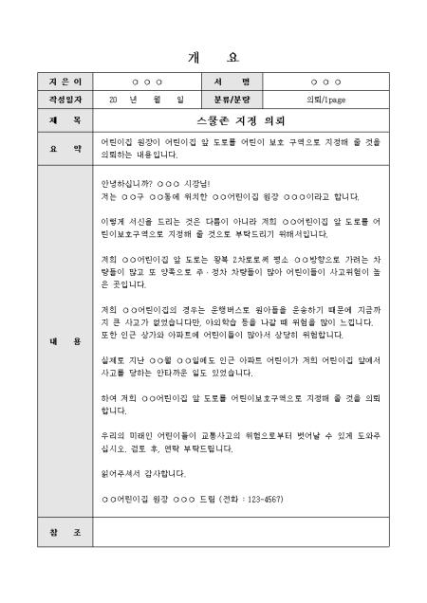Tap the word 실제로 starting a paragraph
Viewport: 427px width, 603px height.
(x=114, y=359)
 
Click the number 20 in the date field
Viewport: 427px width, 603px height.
(x=114, y=99)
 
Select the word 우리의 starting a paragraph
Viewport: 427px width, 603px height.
(x=114, y=436)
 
